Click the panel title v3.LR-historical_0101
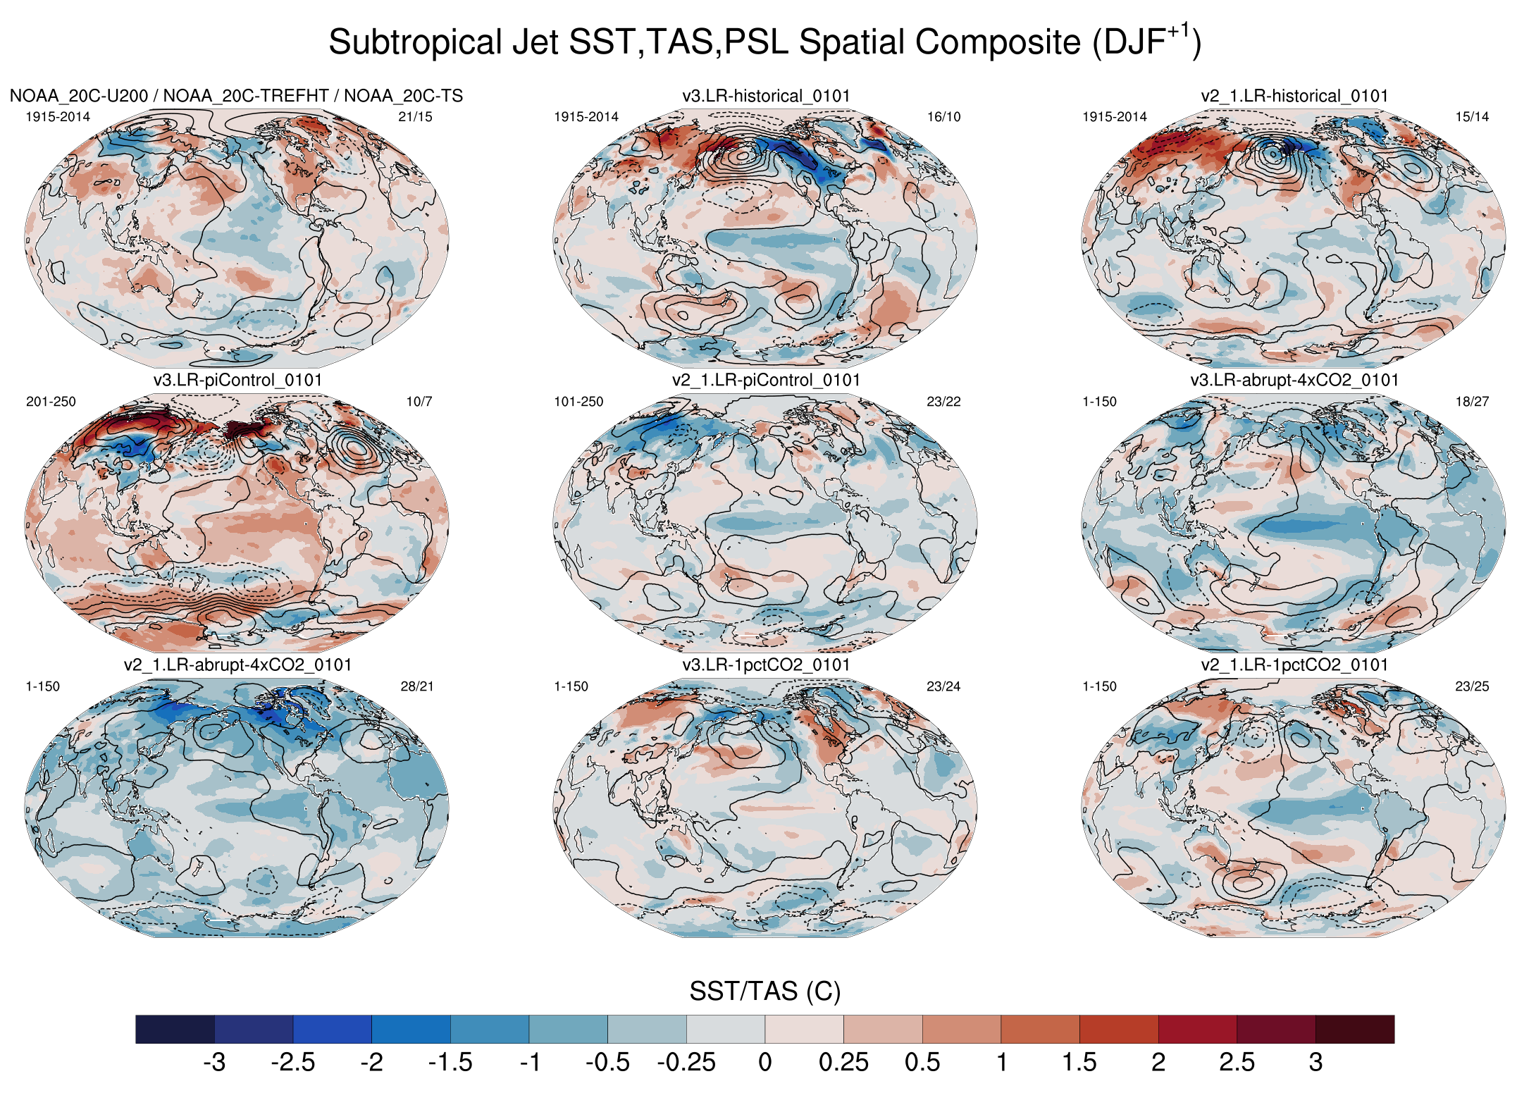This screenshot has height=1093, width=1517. tap(766, 96)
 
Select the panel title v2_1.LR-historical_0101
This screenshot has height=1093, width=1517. tap(1294, 96)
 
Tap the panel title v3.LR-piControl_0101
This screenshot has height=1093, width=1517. tap(237, 381)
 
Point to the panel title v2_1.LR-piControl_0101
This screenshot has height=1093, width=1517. tap(766, 381)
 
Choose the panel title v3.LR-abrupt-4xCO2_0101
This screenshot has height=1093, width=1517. tap(1294, 381)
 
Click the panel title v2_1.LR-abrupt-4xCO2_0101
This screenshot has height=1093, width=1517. tap(237, 665)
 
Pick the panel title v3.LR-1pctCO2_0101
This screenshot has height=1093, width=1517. tap(766, 665)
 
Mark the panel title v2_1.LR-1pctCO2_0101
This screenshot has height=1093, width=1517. tap(1294, 665)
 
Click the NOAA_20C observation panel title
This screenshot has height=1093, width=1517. tap(236, 96)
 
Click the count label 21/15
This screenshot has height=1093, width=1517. tap(415, 117)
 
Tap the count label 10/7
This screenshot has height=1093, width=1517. tap(419, 402)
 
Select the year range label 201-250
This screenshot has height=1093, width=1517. tap(51, 402)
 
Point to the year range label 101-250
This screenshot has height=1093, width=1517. tap(578, 402)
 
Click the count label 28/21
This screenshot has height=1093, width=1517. tap(417, 686)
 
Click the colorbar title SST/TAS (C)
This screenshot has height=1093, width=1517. tap(764, 992)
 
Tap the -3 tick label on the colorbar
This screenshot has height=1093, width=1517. tap(214, 1062)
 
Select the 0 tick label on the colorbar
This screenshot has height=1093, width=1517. tap(764, 1062)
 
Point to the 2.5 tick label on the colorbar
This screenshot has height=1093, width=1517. tap(1237, 1062)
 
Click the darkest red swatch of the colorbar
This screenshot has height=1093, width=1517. tap(1354, 1029)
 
